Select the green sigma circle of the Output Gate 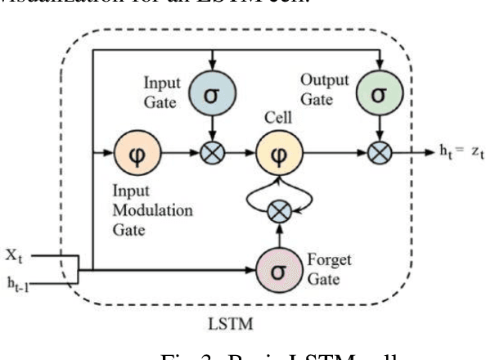click(378, 93)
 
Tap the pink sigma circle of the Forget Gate click(278, 269)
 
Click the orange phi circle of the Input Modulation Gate click(137, 152)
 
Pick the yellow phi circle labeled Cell click(278, 152)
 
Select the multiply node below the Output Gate click(378, 152)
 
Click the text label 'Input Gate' click(162, 90)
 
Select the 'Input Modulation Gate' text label click(154, 209)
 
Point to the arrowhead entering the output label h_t click(430, 153)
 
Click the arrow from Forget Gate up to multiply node click(278, 235)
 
